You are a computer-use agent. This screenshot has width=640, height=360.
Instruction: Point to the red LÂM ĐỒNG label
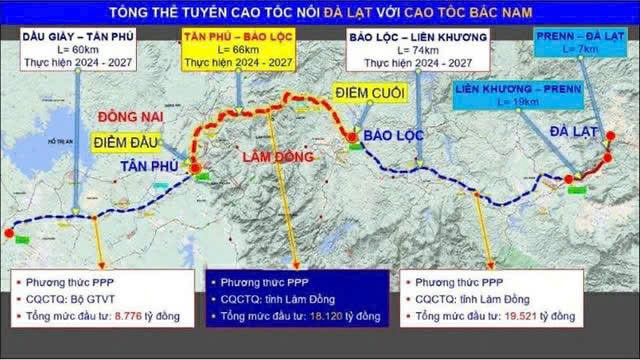click(x=278, y=157)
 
